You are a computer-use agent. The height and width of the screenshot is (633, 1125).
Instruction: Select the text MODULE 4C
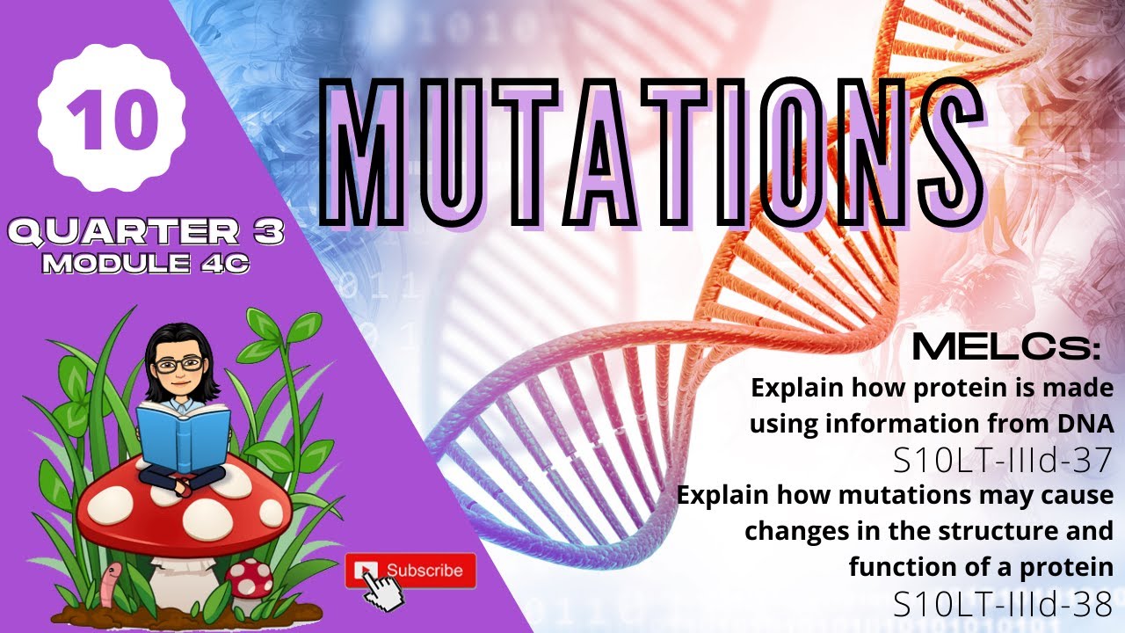[x=146, y=263]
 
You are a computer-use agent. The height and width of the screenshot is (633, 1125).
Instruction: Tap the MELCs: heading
[x=1006, y=348]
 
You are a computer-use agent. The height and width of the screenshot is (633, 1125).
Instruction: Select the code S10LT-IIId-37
[x=1002, y=458]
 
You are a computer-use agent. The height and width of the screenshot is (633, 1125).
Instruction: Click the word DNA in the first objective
[x=1083, y=423]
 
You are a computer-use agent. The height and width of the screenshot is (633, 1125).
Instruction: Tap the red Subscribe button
[x=411, y=571]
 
